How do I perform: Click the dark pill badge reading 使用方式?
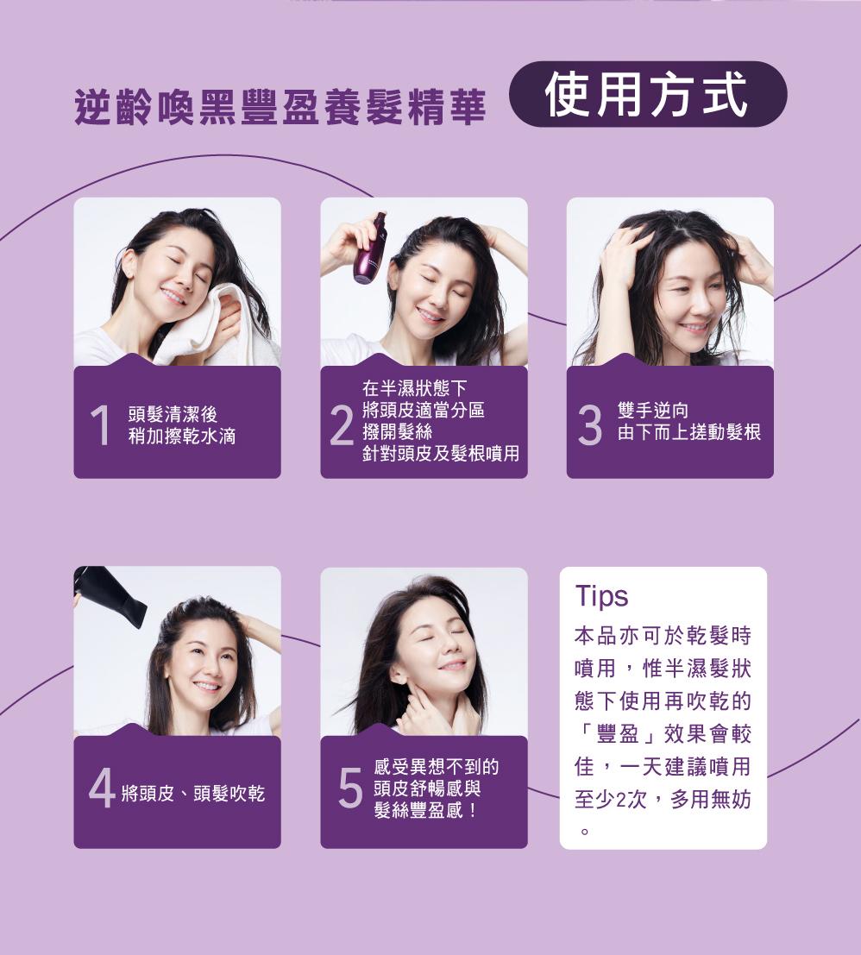648,94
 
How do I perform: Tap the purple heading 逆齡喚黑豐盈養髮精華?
280,107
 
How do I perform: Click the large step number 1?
100,424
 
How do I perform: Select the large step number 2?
343,424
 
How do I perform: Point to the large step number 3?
589,424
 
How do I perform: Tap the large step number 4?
102,788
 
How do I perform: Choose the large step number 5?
350,788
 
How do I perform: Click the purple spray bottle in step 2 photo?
369,248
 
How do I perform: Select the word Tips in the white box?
601,596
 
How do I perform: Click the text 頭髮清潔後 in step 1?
173,414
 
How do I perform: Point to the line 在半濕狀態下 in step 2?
415,387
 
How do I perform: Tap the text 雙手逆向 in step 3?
653,410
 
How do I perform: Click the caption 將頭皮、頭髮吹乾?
193,793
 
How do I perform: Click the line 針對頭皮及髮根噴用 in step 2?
441,453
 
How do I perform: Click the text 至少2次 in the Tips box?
611,799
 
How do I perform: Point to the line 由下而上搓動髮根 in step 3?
689,432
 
